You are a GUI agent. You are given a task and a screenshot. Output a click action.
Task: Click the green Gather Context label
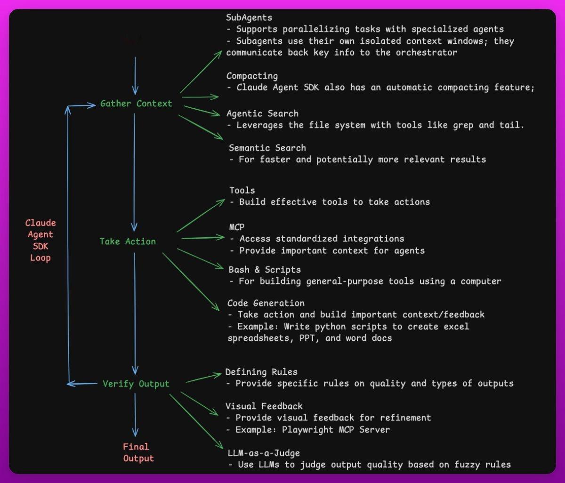(x=136, y=104)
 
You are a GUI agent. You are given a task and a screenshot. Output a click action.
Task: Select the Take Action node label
(x=128, y=241)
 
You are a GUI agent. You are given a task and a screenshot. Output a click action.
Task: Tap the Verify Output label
(x=136, y=384)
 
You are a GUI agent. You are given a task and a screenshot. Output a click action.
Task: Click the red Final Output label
(x=138, y=452)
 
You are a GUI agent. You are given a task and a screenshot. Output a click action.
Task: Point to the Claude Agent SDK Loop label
(x=40, y=240)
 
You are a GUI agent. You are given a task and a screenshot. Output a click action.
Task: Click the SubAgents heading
(x=249, y=17)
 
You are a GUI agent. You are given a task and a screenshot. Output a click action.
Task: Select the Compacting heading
(x=252, y=76)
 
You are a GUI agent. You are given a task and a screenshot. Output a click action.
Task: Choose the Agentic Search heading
(x=262, y=113)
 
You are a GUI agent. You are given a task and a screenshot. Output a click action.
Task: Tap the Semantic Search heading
(x=267, y=148)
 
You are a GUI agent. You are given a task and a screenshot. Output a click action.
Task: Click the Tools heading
(x=242, y=190)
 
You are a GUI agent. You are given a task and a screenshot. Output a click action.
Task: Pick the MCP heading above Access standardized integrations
(x=237, y=227)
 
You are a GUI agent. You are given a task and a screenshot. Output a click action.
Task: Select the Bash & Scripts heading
(x=265, y=270)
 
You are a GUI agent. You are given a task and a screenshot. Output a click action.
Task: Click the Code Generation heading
(x=266, y=303)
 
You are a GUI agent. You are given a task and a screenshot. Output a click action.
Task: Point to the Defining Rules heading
(x=261, y=372)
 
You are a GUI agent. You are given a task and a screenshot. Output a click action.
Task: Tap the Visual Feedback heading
(x=264, y=406)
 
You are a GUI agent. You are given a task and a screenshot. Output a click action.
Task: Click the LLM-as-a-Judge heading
(x=264, y=453)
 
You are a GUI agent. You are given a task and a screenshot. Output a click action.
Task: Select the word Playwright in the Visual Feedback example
(x=307, y=430)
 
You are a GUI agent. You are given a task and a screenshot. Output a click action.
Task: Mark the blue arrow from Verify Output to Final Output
(x=135, y=415)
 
